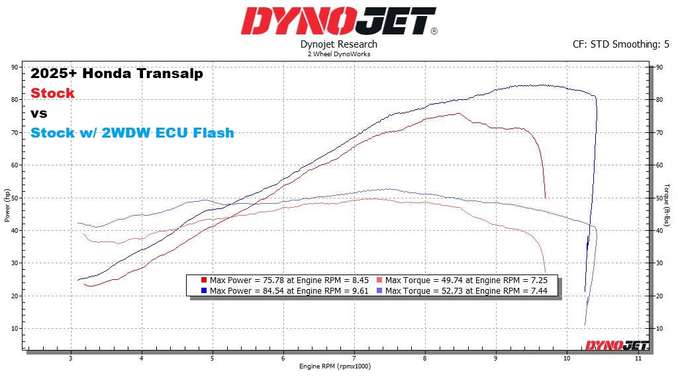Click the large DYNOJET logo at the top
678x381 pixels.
click(x=338, y=21)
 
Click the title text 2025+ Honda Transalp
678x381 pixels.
click(x=117, y=73)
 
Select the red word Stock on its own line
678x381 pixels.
click(x=53, y=93)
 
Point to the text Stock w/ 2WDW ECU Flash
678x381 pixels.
click(x=132, y=133)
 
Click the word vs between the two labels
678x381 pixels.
click(x=39, y=113)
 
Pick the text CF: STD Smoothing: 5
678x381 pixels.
click(x=621, y=44)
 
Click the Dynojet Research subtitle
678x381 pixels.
click(x=338, y=44)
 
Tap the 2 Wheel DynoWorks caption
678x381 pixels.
click(x=338, y=54)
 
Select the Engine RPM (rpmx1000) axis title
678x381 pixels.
click(x=336, y=366)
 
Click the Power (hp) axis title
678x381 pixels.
click(x=7, y=205)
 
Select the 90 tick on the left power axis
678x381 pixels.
click(x=15, y=67)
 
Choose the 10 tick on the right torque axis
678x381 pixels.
click(x=659, y=329)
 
